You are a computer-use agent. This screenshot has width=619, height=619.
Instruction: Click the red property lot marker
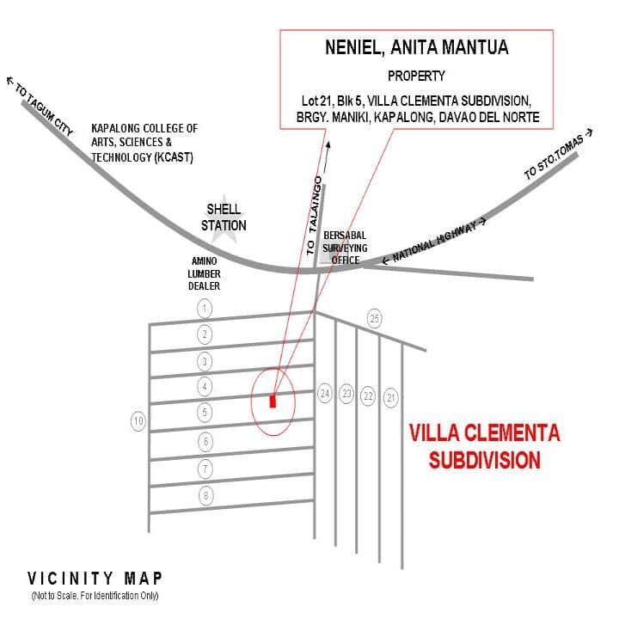coord(273,401)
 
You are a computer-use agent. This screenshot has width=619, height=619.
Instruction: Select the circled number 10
coord(138,421)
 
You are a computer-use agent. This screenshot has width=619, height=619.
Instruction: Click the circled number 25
coord(374,318)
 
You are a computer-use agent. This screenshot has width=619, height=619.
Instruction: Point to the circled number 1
coord(204,307)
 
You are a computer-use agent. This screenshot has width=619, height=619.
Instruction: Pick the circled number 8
coord(205,495)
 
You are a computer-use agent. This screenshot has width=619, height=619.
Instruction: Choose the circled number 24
coord(324,394)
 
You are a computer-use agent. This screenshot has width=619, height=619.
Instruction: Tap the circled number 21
coord(391,396)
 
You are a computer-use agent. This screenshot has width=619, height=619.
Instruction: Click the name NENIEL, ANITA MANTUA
coord(416,48)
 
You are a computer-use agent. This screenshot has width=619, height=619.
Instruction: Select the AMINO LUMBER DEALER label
coord(205,273)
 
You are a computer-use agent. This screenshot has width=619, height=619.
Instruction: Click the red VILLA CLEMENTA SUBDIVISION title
coord(484,445)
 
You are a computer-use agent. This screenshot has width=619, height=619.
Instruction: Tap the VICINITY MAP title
coord(95,578)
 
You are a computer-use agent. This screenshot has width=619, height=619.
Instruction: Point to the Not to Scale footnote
coord(95,596)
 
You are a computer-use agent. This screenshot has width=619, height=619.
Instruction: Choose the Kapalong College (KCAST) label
coord(144,143)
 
